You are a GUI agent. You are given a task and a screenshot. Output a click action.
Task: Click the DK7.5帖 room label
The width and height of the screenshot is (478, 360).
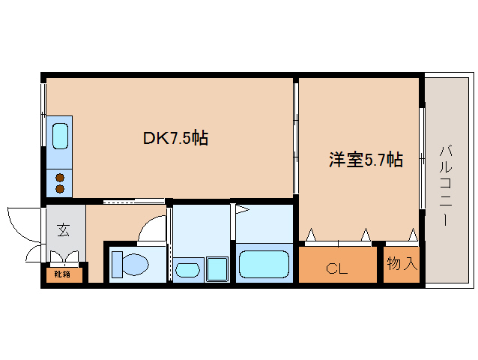click(175, 138)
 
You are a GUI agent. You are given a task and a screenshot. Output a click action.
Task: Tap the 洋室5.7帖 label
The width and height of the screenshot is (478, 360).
click(366, 159)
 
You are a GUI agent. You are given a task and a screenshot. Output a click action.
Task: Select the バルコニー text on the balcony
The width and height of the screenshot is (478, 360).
click(445, 186)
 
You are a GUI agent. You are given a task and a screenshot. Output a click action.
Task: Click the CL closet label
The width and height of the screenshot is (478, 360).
click(336, 268)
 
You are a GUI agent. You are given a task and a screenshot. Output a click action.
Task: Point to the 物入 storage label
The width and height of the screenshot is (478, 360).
click(402, 263)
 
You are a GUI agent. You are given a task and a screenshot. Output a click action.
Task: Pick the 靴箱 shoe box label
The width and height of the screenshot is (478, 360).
click(62, 274)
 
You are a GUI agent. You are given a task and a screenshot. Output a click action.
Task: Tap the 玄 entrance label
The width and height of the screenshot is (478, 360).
click(63, 230)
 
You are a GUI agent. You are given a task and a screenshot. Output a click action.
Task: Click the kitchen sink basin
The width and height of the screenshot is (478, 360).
click(60, 136)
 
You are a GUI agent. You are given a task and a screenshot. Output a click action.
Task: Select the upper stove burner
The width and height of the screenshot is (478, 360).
click(60, 178)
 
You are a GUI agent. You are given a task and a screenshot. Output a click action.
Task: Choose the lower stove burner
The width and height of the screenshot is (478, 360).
click(60, 189)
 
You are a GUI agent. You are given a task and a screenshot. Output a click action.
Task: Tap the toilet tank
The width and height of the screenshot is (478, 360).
click(117, 265)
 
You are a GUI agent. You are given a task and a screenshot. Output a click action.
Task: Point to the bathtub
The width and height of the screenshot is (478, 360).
click(264, 264)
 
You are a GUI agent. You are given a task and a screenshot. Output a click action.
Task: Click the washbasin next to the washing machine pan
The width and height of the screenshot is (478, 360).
click(188, 270)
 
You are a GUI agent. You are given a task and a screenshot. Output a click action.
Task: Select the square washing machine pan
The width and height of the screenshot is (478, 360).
click(217, 269)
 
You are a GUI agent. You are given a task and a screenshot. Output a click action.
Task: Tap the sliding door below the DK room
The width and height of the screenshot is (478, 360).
click(134, 201)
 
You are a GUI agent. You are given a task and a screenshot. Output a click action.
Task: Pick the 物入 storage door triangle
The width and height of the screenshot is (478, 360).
click(413, 235)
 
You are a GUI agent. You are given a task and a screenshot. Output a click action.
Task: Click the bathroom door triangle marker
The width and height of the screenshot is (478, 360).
click(243, 209)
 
